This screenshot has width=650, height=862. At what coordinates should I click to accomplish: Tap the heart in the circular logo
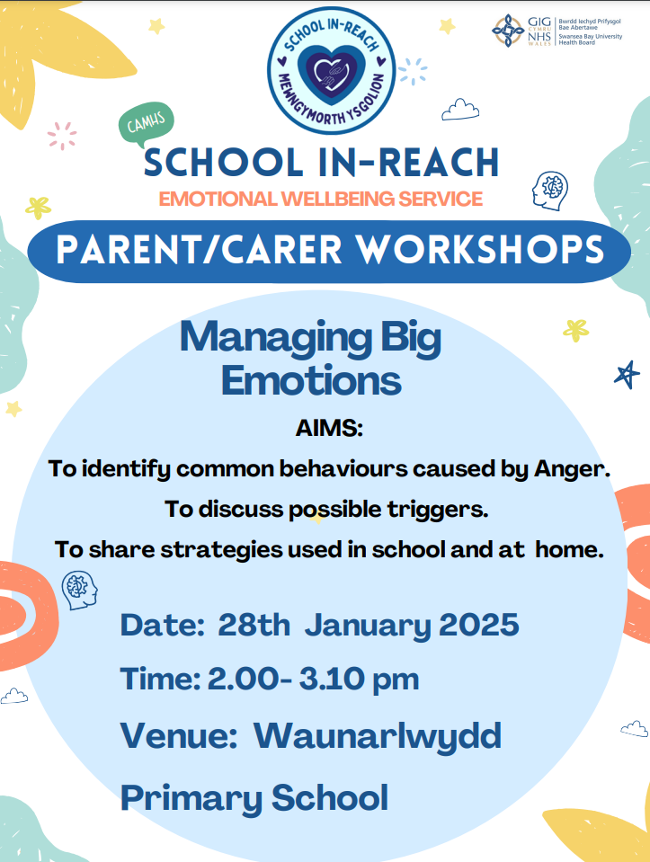point(331,72)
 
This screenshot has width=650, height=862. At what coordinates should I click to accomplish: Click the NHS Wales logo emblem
point(508,31)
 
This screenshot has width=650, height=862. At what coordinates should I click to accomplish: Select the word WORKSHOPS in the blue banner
point(481,250)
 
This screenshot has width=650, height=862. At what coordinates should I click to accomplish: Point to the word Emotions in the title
point(311,380)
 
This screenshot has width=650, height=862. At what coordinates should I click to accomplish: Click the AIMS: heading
point(329,428)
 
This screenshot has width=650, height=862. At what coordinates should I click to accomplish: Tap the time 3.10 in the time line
point(331,679)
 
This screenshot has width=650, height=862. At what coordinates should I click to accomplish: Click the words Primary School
point(254,797)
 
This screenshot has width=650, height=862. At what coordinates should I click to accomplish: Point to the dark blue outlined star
point(627,375)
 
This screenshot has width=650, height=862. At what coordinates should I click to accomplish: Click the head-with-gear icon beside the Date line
point(80,591)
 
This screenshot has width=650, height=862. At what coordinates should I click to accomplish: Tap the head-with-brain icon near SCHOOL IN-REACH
point(550,191)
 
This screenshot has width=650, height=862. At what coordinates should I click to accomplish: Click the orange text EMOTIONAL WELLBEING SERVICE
point(321,199)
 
